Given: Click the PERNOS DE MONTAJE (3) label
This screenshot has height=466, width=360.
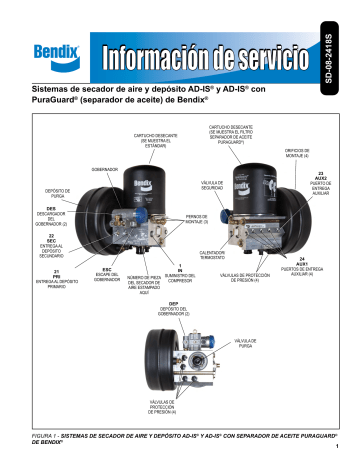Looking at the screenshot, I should pos(196,221).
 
